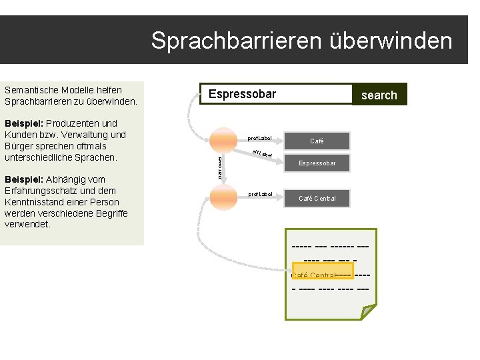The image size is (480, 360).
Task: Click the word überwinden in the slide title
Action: [391, 41]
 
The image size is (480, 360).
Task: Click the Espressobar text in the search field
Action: [242, 94]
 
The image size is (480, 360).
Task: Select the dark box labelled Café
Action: [317, 141]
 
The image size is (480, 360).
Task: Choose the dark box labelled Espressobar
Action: [317, 163]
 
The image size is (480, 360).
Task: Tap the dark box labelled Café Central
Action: [317, 198]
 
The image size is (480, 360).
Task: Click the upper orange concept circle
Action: [223, 139]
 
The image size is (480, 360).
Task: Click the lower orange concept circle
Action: [223, 195]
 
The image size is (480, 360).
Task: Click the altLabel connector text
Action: [263, 154]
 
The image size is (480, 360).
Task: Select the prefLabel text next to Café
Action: [259, 139]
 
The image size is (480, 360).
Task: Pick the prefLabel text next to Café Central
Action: [259, 195]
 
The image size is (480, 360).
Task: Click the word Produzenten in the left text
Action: [71, 123]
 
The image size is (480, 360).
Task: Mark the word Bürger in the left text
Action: [19, 146]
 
